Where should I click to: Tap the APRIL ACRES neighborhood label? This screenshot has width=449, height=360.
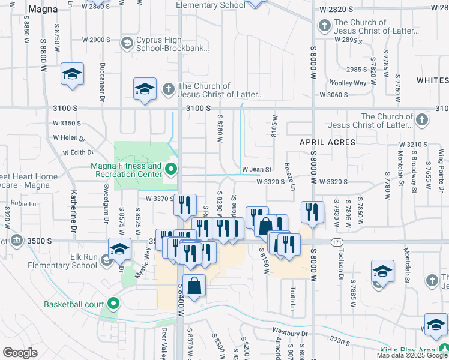pos(328,142)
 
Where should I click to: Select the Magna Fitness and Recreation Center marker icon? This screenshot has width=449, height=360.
pos(172,169)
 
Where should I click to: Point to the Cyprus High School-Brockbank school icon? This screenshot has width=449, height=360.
pos(127,43)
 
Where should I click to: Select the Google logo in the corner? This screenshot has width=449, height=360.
pos(20,353)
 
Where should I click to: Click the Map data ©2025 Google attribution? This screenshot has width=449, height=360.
pos(412,355)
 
